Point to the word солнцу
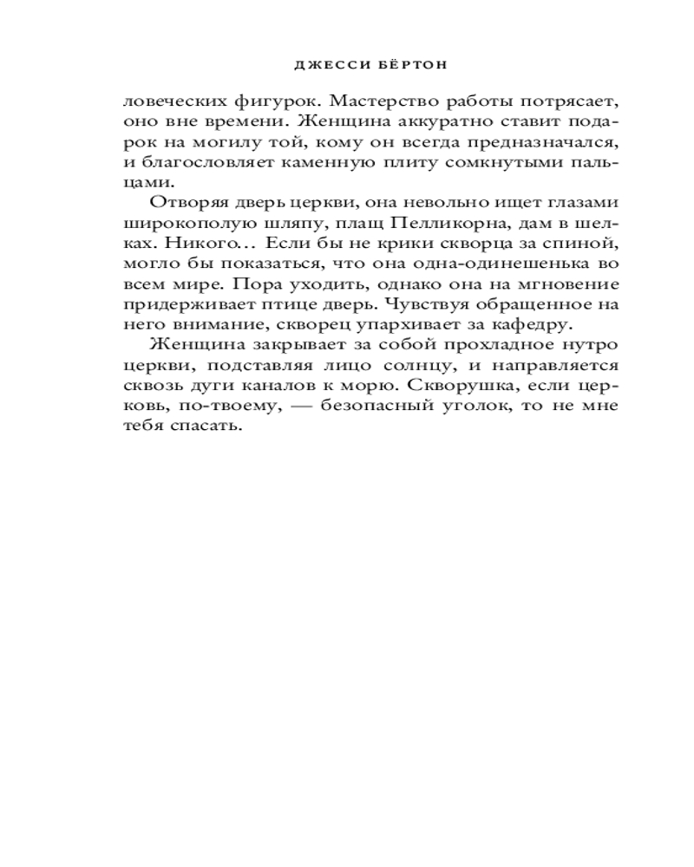pos(385,364)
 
